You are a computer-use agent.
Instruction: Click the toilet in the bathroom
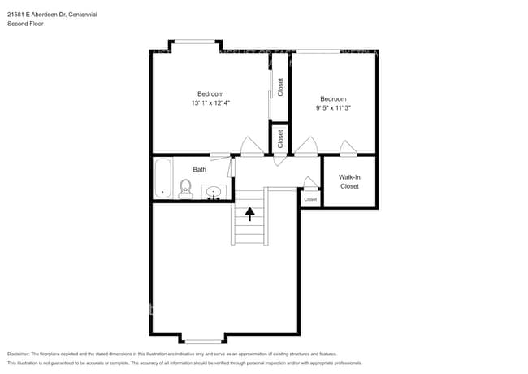[184, 190]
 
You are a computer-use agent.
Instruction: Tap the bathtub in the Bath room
[162, 178]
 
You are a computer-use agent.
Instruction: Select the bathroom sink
[214, 193]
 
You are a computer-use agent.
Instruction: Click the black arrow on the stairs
[250, 213]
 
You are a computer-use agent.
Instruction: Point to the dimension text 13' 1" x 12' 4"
[210, 103]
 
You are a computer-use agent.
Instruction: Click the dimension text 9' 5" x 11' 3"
[333, 107]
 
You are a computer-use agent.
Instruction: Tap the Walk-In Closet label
[348, 181]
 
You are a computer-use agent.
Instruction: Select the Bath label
[199, 170]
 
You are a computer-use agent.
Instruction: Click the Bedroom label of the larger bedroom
[210, 93]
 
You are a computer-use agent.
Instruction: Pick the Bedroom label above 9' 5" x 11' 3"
[333, 98]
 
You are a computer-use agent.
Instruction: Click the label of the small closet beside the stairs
[310, 199]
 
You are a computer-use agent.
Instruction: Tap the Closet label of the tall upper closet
[280, 87]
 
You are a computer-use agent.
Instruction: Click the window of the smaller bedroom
[317, 51]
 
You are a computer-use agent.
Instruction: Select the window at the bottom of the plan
[202, 341]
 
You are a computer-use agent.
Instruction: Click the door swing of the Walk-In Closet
[348, 148]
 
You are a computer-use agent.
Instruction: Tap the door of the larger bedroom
[249, 146]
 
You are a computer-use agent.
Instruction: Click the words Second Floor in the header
[25, 24]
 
